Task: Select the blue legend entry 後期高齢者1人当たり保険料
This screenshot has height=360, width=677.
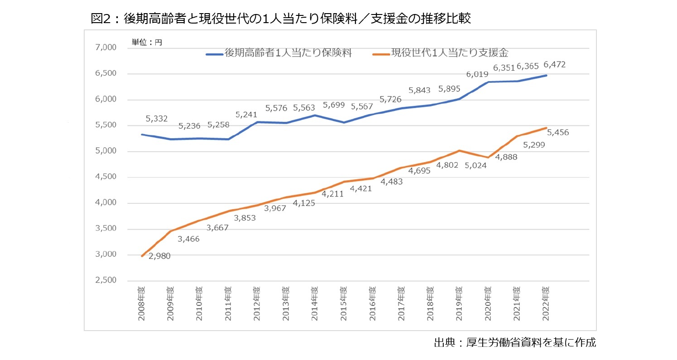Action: click(x=279, y=53)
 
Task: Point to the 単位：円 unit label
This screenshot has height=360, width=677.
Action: click(x=146, y=42)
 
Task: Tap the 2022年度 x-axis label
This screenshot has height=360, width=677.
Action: click(x=546, y=303)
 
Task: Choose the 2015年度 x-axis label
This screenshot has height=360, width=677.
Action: click(x=344, y=303)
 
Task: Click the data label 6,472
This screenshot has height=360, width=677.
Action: click(x=554, y=65)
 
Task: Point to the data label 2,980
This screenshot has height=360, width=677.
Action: click(x=159, y=256)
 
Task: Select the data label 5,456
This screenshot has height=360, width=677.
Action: click(x=558, y=133)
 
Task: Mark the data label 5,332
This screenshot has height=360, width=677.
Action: click(x=157, y=119)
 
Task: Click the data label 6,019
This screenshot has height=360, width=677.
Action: click(x=478, y=75)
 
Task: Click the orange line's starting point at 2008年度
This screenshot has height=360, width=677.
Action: click(x=142, y=256)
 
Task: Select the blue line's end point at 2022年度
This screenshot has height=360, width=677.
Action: click(x=546, y=75)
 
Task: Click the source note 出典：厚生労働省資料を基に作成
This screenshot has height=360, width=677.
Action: click(x=514, y=343)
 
